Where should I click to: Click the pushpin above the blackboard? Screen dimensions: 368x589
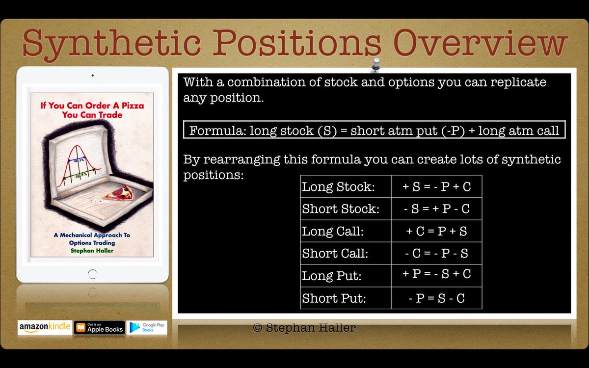click(x=376, y=64)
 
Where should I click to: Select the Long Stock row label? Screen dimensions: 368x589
click(x=338, y=187)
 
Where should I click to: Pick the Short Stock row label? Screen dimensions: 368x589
click(x=341, y=209)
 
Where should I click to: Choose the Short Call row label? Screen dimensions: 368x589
click(x=335, y=254)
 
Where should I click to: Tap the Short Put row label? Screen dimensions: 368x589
click(x=334, y=298)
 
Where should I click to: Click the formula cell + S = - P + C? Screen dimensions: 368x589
click(x=436, y=187)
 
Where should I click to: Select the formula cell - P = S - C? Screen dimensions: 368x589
click(x=436, y=298)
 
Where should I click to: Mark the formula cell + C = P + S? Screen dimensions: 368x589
click(x=436, y=232)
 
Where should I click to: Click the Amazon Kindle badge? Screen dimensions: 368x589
click(x=44, y=328)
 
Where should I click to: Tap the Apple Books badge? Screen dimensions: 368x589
click(x=99, y=328)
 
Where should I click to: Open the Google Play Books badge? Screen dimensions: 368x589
click(x=147, y=328)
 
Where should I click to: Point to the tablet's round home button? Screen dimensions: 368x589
click(x=92, y=273)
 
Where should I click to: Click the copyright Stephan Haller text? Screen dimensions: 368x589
click(x=304, y=328)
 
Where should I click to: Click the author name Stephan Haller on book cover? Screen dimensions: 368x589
click(x=92, y=251)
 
